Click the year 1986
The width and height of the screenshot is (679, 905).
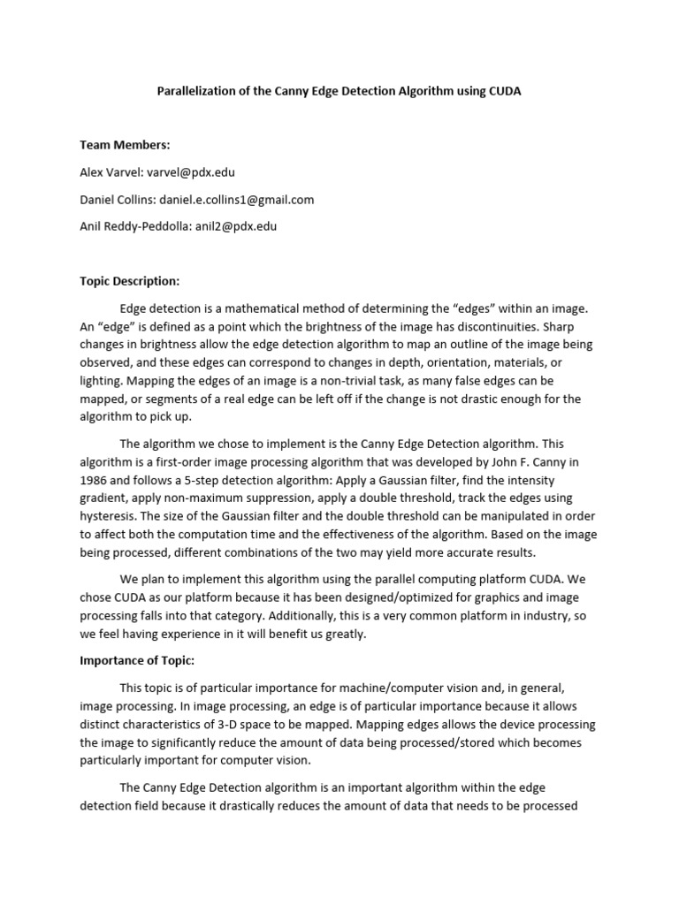(95, 480)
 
